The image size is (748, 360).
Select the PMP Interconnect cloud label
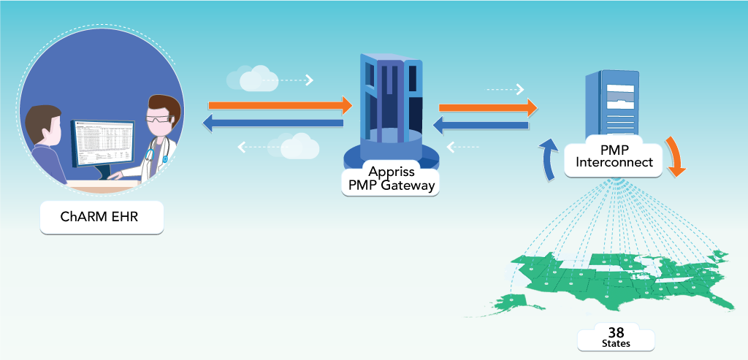coord(614,156)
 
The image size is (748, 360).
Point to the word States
coord(616,342)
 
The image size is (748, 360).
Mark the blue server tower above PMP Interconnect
coord(613,102)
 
